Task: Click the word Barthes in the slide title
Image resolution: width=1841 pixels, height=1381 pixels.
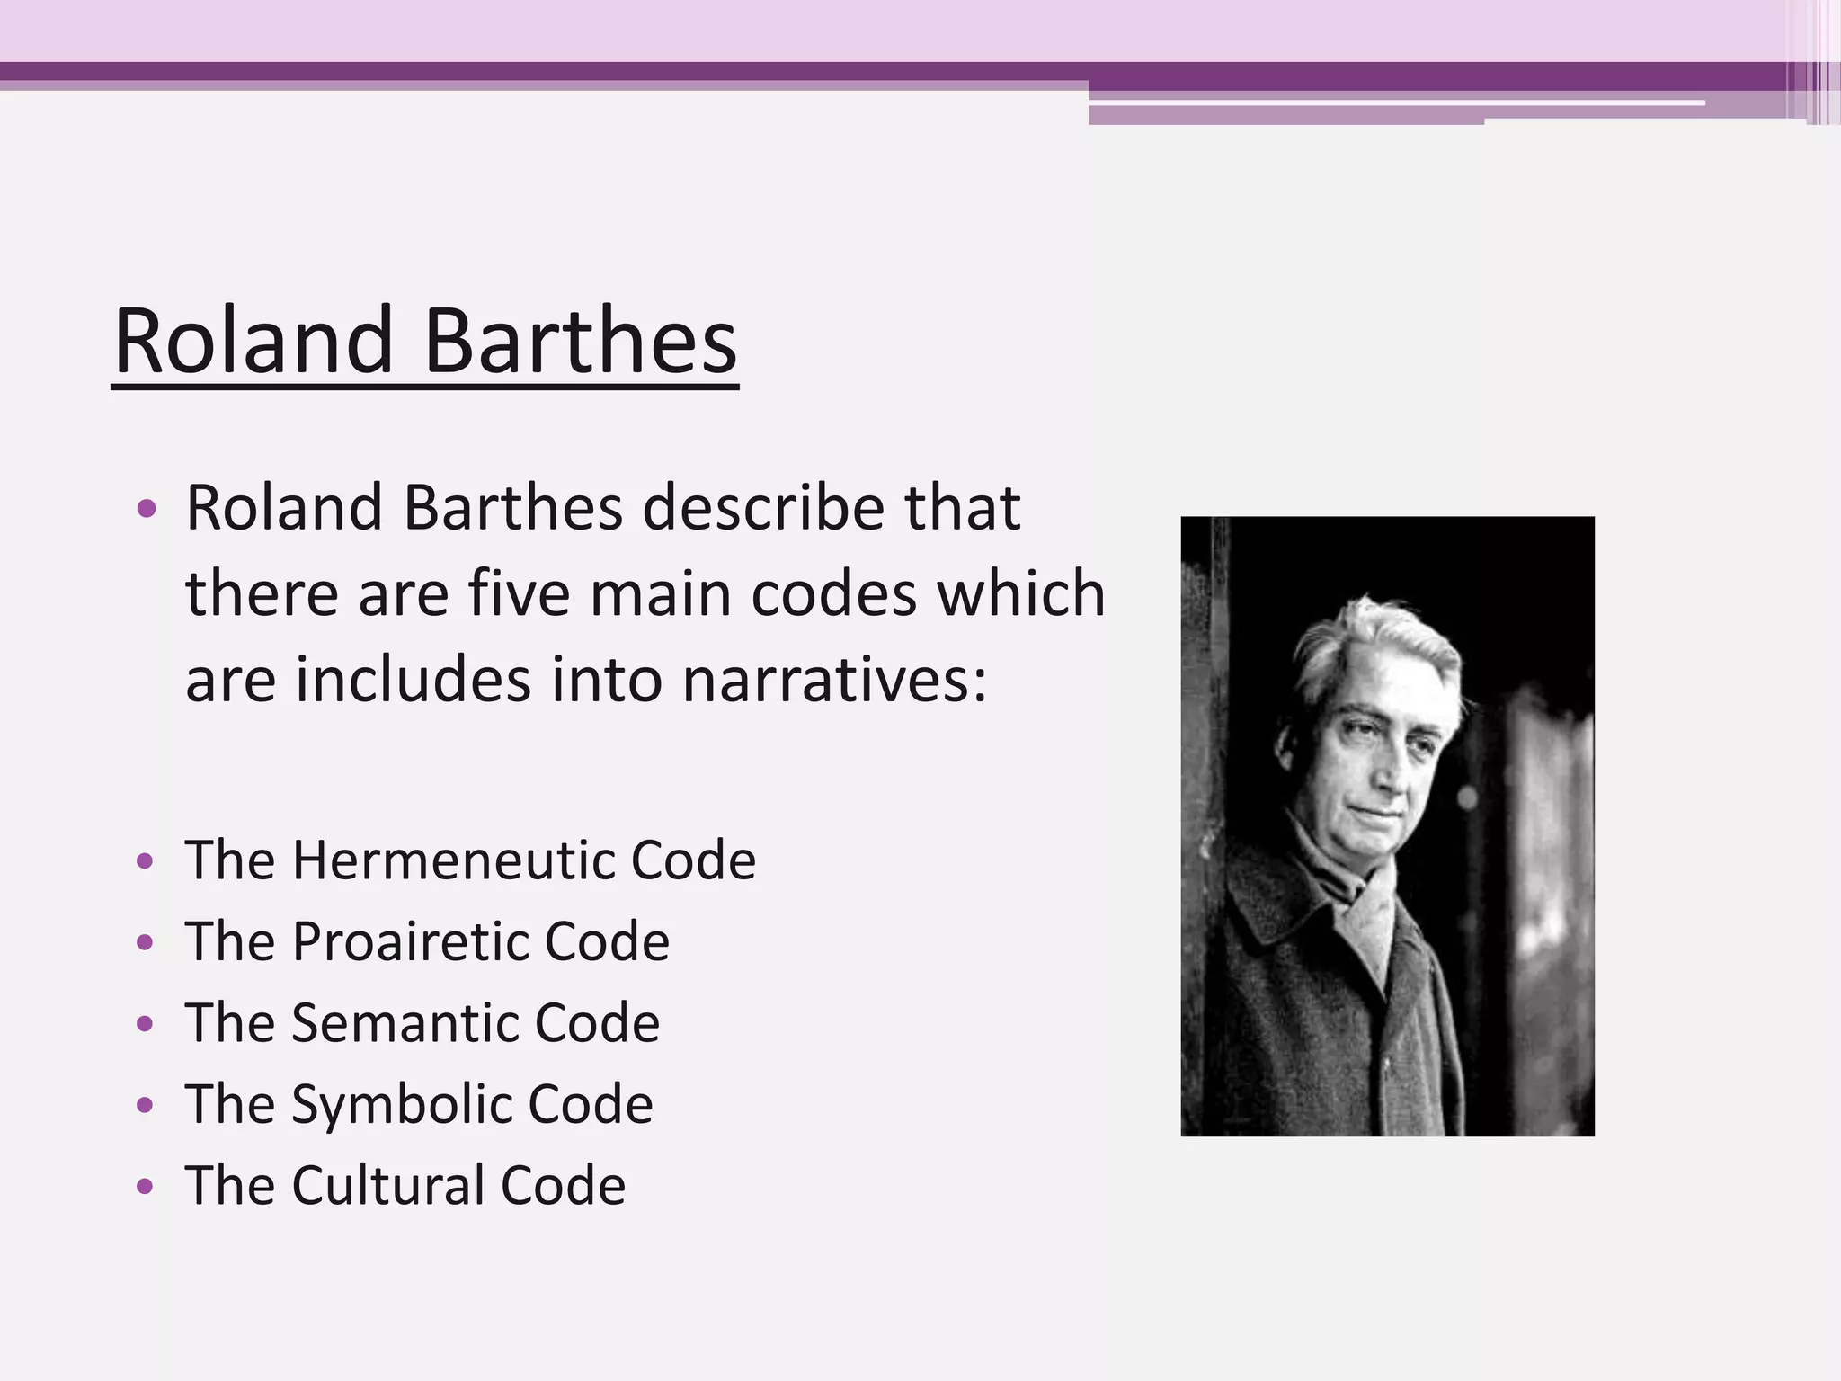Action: [x=580, y=343]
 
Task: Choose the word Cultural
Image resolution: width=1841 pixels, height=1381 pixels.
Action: [x=390, y=1185]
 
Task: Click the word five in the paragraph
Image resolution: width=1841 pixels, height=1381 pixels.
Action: [x=519, y=594]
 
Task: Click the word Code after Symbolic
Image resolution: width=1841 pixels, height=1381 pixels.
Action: [x=590, y=1104]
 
